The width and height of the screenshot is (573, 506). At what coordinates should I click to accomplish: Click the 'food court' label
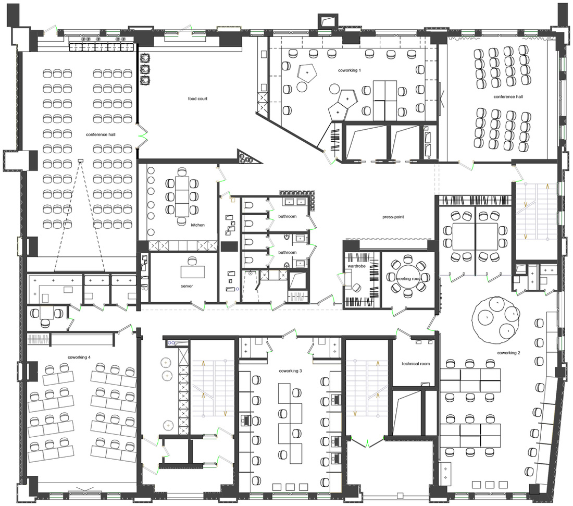pyautogui.click(x=197, y=98)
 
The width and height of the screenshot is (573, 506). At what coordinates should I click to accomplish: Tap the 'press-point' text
pyautogui.click(x=393, y=217)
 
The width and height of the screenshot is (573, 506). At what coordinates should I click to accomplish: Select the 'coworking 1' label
pyautogui.click(x=350, y=70)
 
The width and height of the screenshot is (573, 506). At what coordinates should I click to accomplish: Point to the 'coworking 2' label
pyautogui.click(x=509, y=353)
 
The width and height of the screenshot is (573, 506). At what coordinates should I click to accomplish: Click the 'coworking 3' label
pyautogui.click(x=291, y=371)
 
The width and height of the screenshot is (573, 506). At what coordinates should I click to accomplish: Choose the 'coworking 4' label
pyautogui.click(x=79, y=357)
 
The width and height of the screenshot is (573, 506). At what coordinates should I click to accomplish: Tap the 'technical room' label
pyautogui.click(x=416, y=364)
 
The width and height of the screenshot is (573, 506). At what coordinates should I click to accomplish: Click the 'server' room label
pyautogui.click(x=186, y=286)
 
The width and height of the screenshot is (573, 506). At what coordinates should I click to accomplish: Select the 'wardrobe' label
pyautogui.click(x=357, y=266)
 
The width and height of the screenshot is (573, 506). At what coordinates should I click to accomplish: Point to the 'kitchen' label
pyautogui.click(x=198, y=225)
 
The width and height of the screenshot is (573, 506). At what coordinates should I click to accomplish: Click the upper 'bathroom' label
pyautogui.click(x=287, y=216)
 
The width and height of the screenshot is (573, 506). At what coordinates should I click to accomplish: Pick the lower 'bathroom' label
pyautogui.click(x=287, y=252)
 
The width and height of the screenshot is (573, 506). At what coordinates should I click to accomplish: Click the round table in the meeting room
pyautogui.click(x=408, y=277)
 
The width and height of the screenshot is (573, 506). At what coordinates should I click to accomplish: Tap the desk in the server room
pyautogui.click(x=193, y=271)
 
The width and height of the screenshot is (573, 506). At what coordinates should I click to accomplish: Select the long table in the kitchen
pyautogui.click(x=182, y=196)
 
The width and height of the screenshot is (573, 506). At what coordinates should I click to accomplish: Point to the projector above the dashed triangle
pyautogui.click(x=80, y=161)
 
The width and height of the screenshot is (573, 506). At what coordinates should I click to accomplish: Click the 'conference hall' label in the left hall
pyautogui.click(x=101, y=134)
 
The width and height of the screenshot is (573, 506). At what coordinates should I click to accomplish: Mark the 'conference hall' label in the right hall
pyautogui.click(x=508, y=97)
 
